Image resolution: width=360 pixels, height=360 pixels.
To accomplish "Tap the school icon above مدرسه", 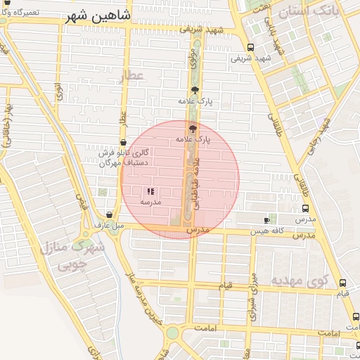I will coord(150,191).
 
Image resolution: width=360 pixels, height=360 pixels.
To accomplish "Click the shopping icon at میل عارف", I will coord(108,215).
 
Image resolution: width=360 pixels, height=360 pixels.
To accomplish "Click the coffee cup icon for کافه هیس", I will coord(266,220).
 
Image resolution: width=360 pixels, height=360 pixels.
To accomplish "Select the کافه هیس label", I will coord(269,231).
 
